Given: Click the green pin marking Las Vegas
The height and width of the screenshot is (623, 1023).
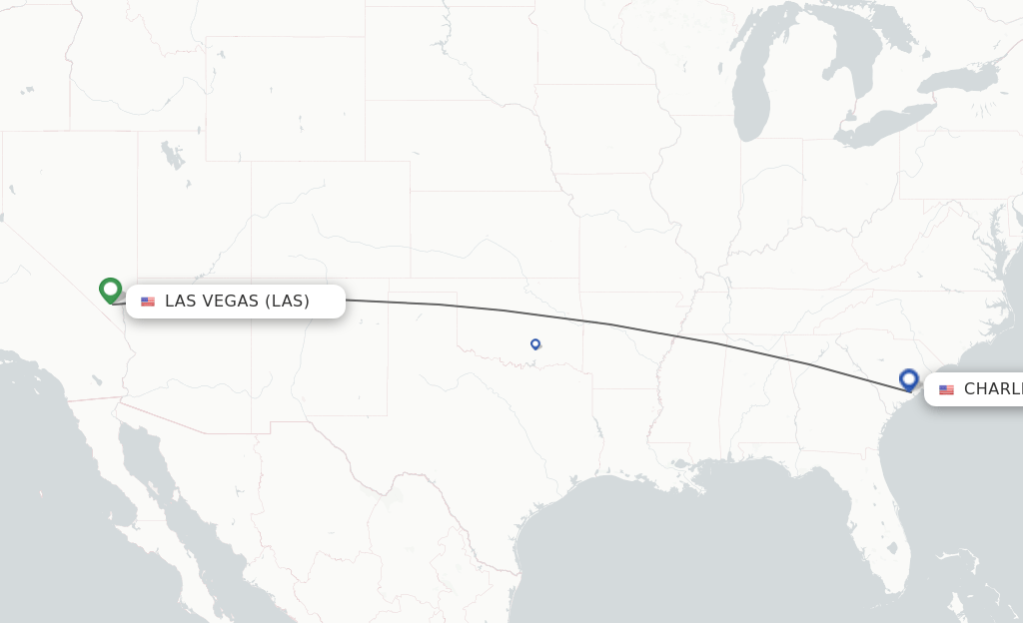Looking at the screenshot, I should coord(111,290).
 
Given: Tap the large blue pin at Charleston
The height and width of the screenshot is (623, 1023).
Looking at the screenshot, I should coord(909,379).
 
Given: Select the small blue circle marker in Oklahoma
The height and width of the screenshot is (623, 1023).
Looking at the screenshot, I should coord(535,343).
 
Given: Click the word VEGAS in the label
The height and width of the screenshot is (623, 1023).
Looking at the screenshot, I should coord(229,302).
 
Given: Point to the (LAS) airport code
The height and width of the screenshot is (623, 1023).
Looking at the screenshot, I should coord(288,302).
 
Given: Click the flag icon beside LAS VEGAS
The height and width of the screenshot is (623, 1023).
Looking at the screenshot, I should coord(148,302).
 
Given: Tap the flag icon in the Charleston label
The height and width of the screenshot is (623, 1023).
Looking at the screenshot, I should coord(946,389).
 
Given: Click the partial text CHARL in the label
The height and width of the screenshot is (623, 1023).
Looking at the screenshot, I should coord(992,389).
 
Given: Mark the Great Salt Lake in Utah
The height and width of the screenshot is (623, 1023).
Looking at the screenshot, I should coord(173,156).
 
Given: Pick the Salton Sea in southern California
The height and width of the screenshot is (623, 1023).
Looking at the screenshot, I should coord(97,380).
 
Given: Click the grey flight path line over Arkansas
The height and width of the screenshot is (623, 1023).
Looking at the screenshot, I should coord(639,329).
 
